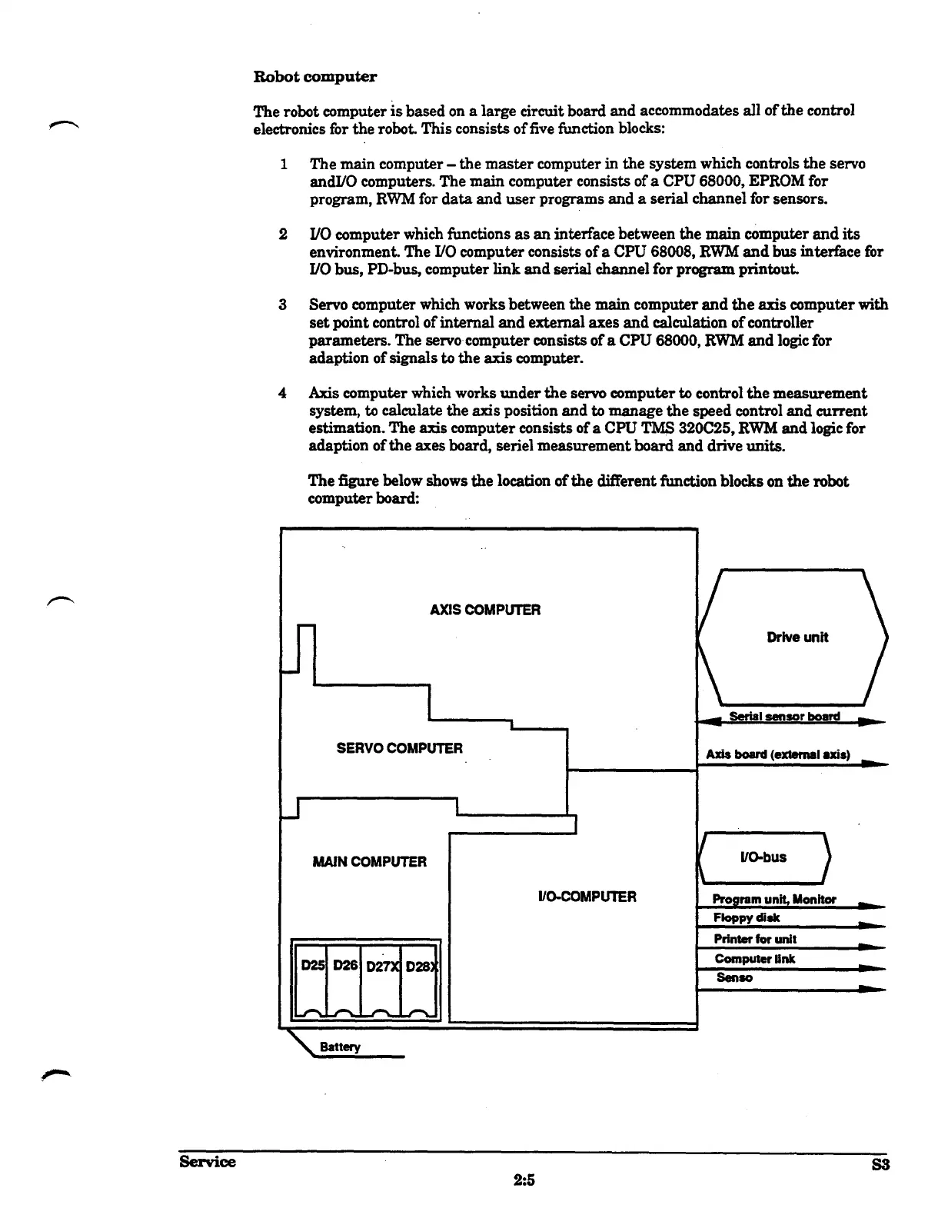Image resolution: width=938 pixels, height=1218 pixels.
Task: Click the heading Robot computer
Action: click(x=315, y=77)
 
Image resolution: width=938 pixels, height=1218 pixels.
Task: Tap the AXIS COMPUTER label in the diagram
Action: click(x=484, y=610)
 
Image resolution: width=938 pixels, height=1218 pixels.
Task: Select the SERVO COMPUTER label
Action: click(x=399, y=748)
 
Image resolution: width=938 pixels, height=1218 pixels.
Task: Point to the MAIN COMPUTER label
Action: click(x=369, y=862)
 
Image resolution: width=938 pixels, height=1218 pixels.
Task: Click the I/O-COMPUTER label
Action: click(x=587, y=897)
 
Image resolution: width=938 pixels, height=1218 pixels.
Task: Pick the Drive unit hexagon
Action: click(x=793, y=637)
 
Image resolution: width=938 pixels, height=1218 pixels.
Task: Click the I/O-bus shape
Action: click(x=763, y=857)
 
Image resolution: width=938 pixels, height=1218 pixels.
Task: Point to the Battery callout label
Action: click(x=339, y=1047)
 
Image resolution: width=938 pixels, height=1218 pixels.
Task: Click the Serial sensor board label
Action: click(x=783, y=717)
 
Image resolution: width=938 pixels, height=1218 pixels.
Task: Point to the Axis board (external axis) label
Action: click(x=777, y=754)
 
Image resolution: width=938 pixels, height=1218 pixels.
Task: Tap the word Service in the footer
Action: click(x=207, y=1161)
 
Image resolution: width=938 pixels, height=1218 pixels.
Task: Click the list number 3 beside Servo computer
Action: click(x=283, y=304)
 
